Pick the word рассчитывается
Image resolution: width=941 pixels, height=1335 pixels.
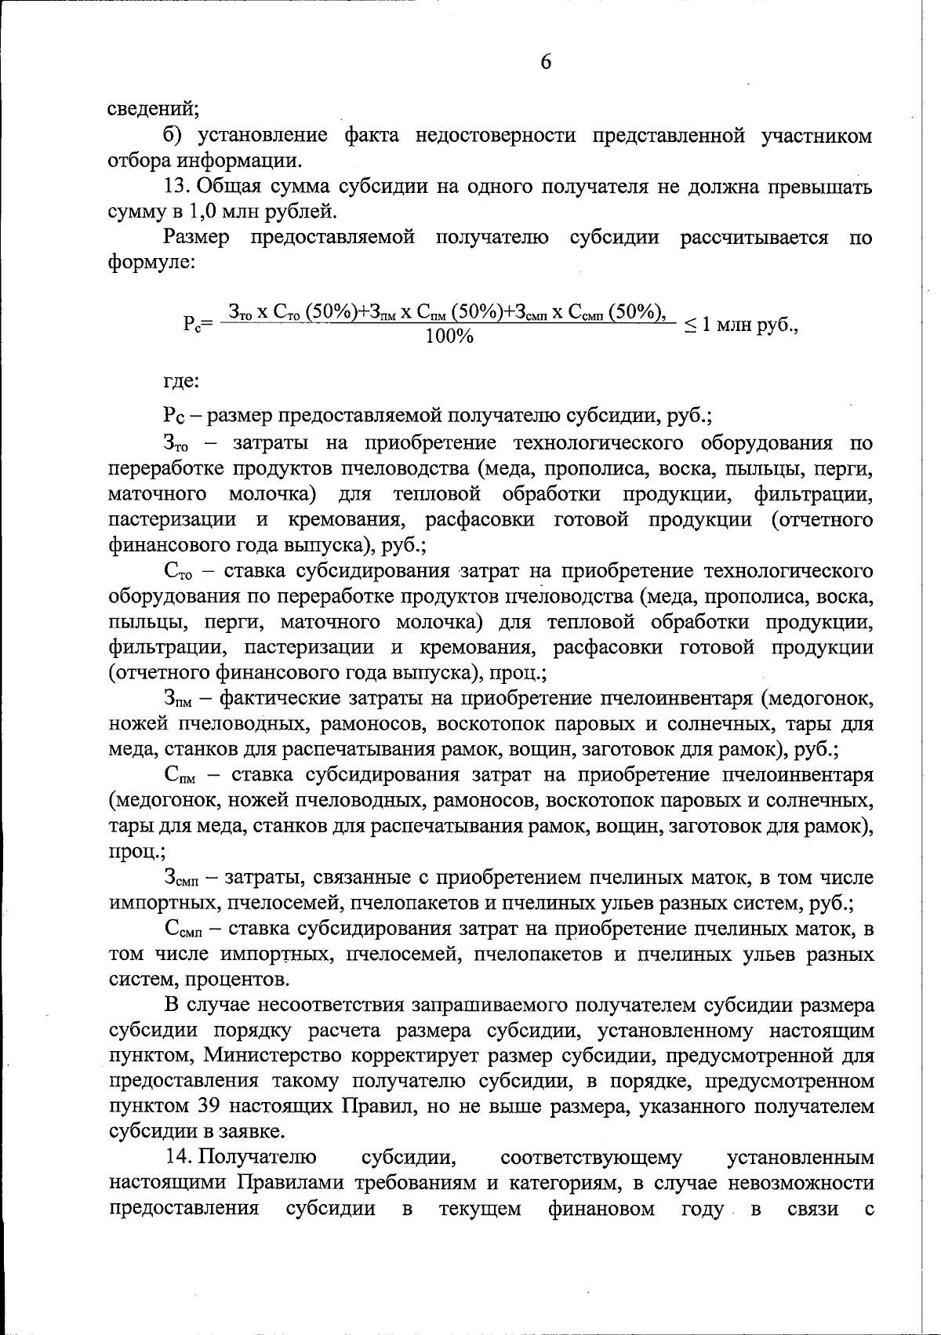(754, 238)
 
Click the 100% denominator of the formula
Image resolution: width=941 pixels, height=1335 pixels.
(449, 337)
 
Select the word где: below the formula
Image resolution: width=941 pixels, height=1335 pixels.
(181, 383)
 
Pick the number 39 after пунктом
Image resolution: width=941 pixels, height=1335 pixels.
(199, 1107)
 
